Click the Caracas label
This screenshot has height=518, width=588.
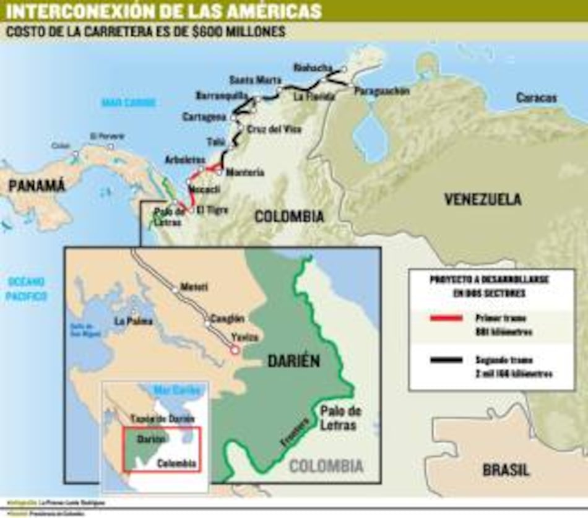(x=536, y=98)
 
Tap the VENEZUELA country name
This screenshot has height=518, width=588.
(x=483, y=199)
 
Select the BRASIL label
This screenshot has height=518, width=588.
(x=506, y=470)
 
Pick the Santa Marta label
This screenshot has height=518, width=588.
(x=255, y=80)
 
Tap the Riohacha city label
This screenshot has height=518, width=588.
(x=313, y=67)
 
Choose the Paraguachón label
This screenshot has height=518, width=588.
(x=382, y=91)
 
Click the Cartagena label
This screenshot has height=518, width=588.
(x=204, y=117)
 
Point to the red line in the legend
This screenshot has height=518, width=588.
(x=445, y=318)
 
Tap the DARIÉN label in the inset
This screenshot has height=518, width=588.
(x=293, y=361)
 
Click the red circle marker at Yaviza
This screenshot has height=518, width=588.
(x=235, y=350)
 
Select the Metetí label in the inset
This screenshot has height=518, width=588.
(x=194, y=287)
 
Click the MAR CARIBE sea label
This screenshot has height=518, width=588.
(x=129, y=103)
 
